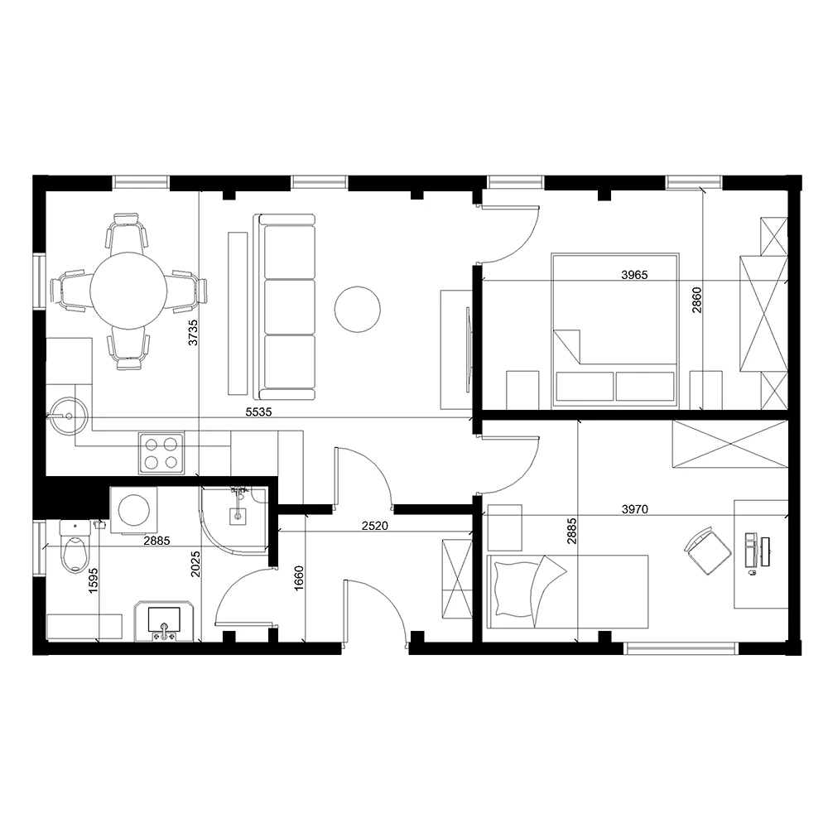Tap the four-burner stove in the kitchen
coord(161,452)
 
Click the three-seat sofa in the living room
coord(287,306)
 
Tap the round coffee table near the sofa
coord(357,309)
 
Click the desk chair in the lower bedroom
coord(705,551)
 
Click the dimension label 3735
coord(192,331)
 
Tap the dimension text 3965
coord(635,274)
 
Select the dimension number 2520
coord(377,525)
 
